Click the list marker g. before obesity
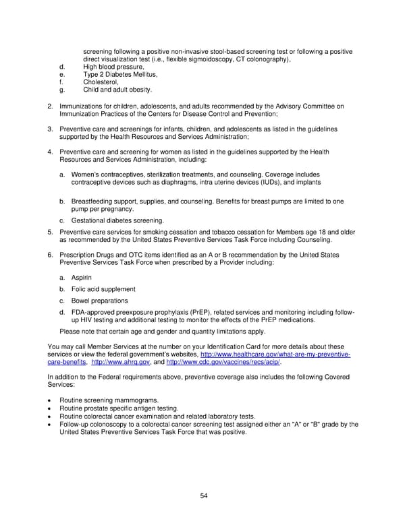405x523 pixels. [x=62, y=90]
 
